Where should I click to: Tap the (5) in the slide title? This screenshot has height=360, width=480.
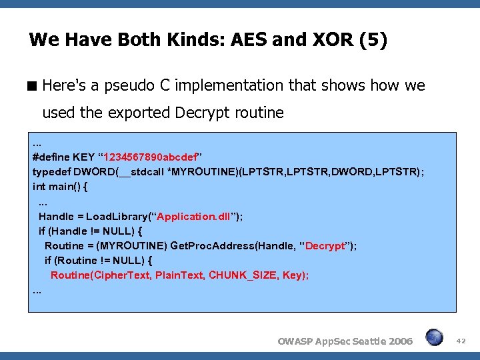(x=372, y=41)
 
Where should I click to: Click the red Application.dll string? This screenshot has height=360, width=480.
(x=194, y=216)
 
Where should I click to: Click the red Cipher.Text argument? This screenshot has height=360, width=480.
(x=123, y=275)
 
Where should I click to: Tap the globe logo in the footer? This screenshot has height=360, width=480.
(x=435, y=338)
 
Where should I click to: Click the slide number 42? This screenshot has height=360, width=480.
(x=461, y=340)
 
